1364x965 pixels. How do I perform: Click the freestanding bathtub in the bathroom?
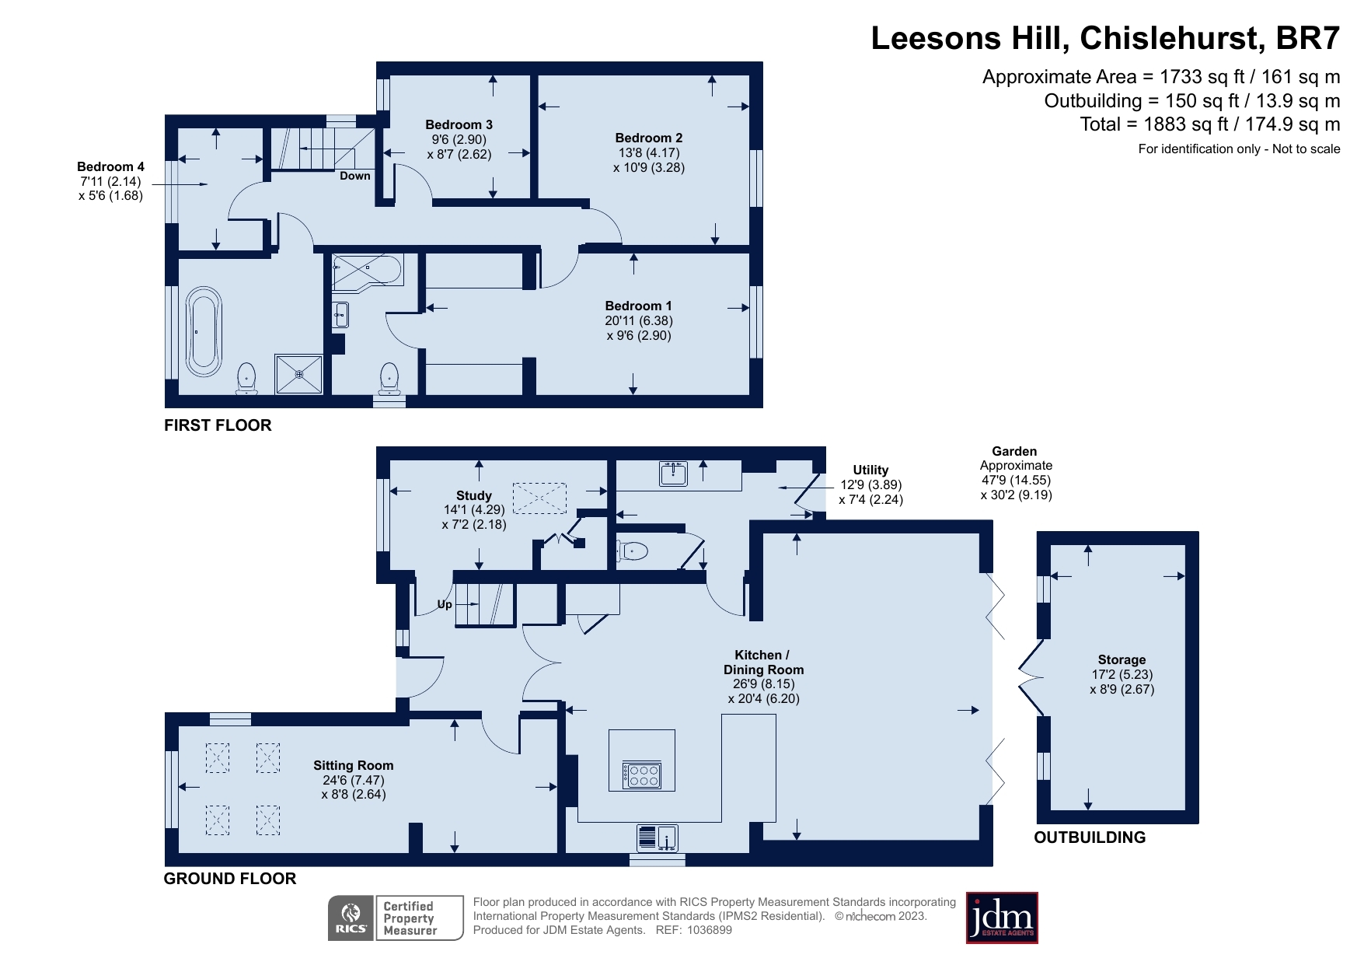click(204, 332)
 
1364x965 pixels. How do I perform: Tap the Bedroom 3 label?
click(459, 124)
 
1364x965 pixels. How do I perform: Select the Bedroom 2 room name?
click(649, 138)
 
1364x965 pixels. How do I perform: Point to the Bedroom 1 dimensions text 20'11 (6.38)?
click(639, 320)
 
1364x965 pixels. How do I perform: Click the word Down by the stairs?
click(355, 176)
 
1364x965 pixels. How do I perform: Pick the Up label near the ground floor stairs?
click(445, 604)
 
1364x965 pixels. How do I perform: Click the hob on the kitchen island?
click(642, 775)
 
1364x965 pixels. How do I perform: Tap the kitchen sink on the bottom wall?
click(658, 838)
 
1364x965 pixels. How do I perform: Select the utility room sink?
click(673, 473)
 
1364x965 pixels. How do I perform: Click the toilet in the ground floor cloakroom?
click(632, 551)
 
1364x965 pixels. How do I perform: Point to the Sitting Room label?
click(354, 765)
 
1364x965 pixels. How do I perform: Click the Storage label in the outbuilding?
click(1122, 659)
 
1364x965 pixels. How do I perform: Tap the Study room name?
click(474, 495)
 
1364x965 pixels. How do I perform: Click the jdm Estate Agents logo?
click(1002, 918)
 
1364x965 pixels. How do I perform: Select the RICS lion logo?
click(351, 918)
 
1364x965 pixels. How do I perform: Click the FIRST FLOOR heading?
click(218, 425)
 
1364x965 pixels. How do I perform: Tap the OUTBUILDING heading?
click(1090, 837)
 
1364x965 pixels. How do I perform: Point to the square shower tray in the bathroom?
click(298, 374)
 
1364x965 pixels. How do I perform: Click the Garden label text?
click(1014, 451)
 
